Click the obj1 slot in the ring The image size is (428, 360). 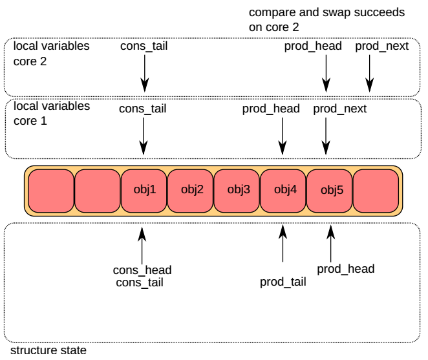[144, 190]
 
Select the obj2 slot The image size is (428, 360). [191, 190]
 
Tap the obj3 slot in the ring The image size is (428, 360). [237, 190]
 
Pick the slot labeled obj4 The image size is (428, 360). [283, 190]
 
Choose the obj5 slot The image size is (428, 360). [329, 190]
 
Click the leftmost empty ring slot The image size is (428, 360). [51, 190]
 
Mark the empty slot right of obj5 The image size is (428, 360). [376, 190]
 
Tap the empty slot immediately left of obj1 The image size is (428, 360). [98, 190]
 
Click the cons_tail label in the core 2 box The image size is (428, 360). [144, 46]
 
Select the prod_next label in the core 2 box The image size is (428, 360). [382, 46]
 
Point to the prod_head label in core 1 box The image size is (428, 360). [271, 109]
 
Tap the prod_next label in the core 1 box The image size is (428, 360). [339, 109]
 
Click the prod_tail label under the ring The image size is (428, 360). [283, 282]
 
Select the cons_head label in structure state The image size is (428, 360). [142, 270]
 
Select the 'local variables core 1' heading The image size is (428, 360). [52, 113]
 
